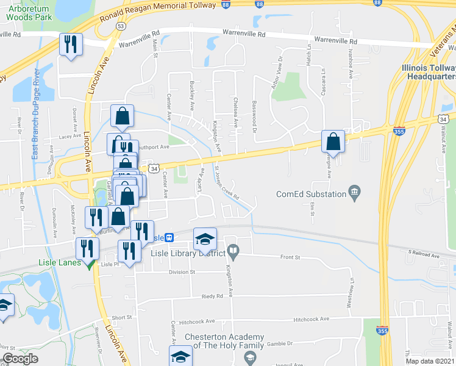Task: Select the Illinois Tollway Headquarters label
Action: click(430, 72)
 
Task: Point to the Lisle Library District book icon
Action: click(233, 250)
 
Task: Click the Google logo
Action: click(20, 359)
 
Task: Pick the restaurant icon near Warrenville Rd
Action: click(70, 44)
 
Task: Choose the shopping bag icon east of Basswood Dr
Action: click(333, 142)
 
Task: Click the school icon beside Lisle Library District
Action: click(205, 239)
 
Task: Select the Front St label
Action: click(291, 257)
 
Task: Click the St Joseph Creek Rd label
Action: click(227, 183)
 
